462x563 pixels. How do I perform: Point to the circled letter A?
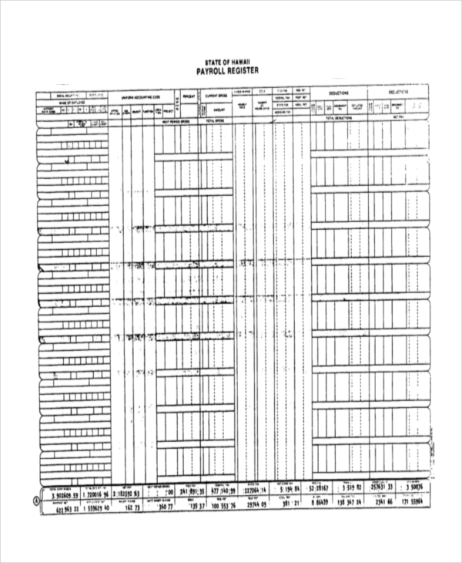[x=33, y=498]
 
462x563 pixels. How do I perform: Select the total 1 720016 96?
[x=99, y=492]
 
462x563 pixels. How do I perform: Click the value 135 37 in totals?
[x=196, y=506]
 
